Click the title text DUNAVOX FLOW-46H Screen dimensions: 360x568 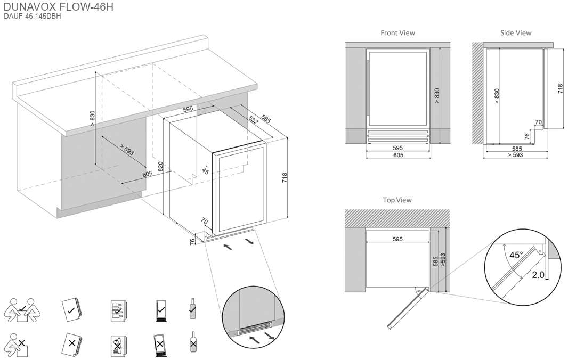59,7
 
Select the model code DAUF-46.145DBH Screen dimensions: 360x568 33,17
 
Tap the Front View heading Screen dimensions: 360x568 397,33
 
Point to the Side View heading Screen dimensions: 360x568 515,33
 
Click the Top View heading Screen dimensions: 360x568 397,200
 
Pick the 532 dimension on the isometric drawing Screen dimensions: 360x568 253,120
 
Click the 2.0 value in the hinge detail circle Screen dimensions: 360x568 538,275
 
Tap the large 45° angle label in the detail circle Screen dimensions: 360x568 516,255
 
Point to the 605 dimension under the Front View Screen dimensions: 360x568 398,155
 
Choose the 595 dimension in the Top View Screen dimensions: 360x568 397,240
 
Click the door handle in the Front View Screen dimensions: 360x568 368,91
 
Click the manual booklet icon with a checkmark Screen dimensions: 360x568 71,309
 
